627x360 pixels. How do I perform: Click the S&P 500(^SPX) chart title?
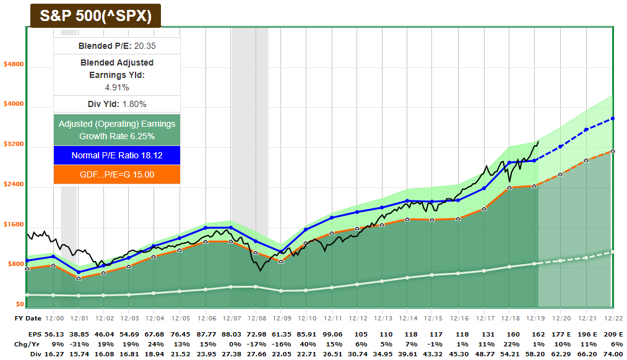(96, 16)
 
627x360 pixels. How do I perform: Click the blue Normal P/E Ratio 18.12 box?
(117, 155)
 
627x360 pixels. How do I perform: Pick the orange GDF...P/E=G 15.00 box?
(117, 174)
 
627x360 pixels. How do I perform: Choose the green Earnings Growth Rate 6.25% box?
(117, 130)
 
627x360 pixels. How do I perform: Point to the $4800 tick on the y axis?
(14, 64)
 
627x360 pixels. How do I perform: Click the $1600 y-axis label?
(14, 225)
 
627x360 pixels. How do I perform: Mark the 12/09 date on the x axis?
(281, 318)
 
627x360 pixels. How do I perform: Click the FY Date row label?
(28, 318)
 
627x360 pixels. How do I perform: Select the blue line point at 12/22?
(612, 118)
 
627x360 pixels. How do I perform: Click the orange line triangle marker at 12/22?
(612, 151)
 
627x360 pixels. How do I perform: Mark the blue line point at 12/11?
(332, 218)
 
